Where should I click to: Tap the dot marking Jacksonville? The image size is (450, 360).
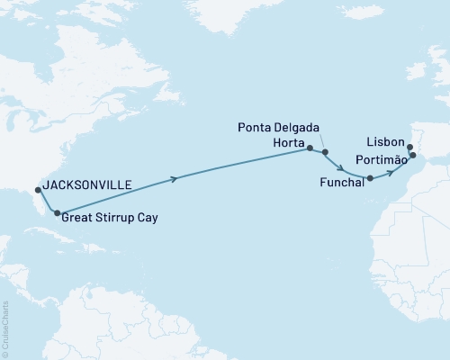point(37,190)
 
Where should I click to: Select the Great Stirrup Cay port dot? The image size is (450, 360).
point(58,213)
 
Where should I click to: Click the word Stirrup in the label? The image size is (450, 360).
point(115,217)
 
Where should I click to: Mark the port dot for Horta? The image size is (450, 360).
point(310,148)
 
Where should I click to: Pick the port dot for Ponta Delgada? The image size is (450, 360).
point(325,153)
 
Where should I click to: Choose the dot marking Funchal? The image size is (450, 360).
point(370,179)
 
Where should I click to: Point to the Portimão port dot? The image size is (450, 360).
point(412,156)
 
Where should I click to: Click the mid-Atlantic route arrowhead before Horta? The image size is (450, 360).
point(173,178)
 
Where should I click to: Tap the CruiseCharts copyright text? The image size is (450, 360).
point(6,328)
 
